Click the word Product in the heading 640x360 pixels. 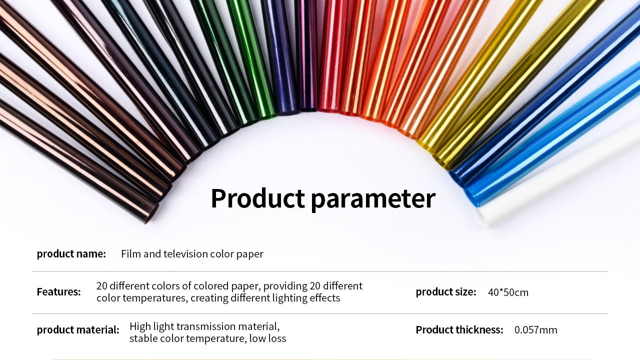(x=257, y=198)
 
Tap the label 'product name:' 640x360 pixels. (x=71, y=253)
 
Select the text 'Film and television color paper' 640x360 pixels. (x=192, y=254)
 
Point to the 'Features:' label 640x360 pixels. (x=59, y=291)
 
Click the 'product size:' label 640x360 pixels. (x=446, y=292)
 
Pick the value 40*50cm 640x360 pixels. (x=508, y=292)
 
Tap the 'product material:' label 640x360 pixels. (x=78, y=329)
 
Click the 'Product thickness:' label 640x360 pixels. (x=459, y=329)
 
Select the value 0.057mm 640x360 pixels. (x=535, y=330)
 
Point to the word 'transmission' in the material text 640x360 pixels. (x=204, y=326)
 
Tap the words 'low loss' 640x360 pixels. (x=267, y=338)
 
